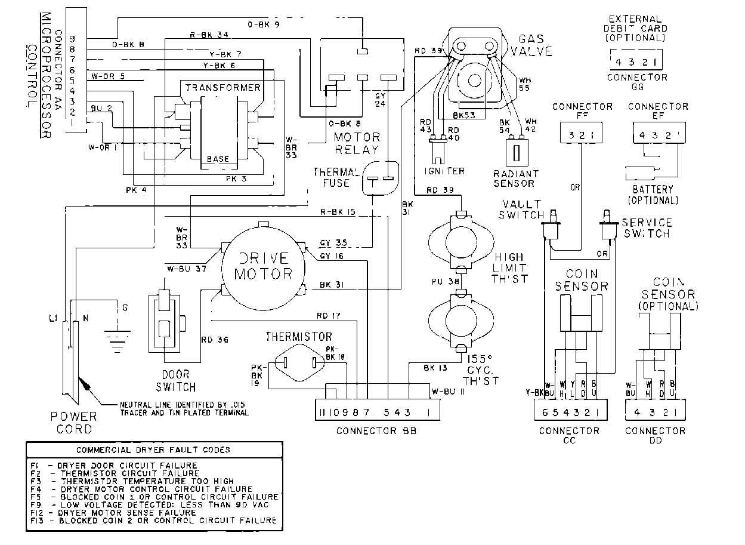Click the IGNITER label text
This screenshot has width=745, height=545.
(444, 171)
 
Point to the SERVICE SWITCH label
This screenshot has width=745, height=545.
(646, 227)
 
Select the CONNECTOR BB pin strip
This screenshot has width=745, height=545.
(378, 411)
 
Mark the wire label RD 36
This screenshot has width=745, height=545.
(215, 341)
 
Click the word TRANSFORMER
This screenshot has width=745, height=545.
(222, 87)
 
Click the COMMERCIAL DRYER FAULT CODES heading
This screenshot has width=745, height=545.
(153, 449)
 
